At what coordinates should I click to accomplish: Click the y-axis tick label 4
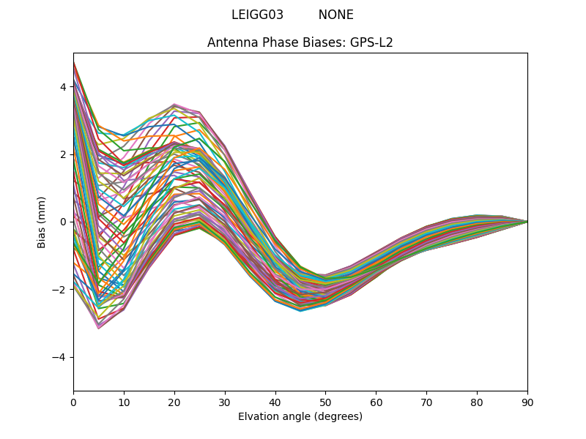click(62, 87)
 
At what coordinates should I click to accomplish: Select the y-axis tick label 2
click(62, 154)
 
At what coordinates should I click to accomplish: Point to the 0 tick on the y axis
click(62, 222)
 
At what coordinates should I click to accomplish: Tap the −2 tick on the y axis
click(59, 290)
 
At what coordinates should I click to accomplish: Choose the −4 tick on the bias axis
click(59, 357)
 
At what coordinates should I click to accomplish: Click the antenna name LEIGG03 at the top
click(257, 15)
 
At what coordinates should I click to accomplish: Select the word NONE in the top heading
click(335, 15)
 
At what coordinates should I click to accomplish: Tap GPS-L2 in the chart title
click(371, 42)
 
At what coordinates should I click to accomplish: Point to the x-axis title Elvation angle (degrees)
click(300, 416)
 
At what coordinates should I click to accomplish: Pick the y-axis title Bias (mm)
click(42, 222)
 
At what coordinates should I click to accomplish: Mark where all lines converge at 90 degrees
click(527, 221)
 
